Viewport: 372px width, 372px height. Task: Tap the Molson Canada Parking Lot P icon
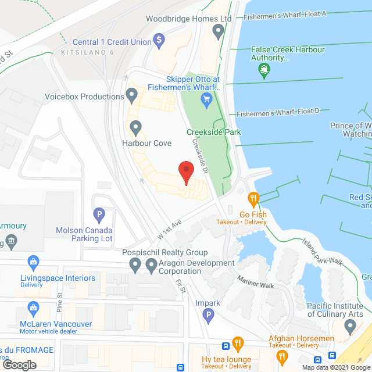pyautogui.click(x=99, y=216)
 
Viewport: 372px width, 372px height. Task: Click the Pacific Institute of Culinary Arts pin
pyautogui.click(x=349, y=327)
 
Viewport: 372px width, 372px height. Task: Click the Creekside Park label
pyautogui.click(x=213, y=132)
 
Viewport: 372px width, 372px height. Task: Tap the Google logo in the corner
pyautogui.click(x=19, y=364)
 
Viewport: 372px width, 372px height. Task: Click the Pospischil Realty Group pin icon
pyautogui.click(x=135, y=266)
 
